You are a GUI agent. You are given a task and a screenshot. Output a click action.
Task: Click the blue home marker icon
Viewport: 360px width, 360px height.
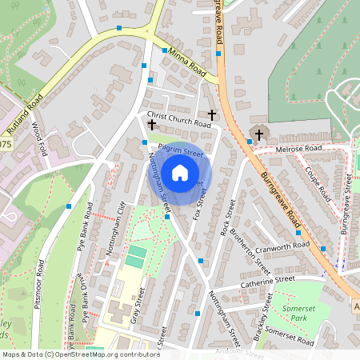[180, 172]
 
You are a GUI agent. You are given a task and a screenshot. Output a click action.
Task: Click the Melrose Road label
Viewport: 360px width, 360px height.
[297, 149]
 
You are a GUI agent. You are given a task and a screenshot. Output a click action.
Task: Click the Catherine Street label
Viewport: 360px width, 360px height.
[266, 281]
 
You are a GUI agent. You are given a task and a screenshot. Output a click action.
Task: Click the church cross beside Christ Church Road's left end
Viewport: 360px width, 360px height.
[151, 125]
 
